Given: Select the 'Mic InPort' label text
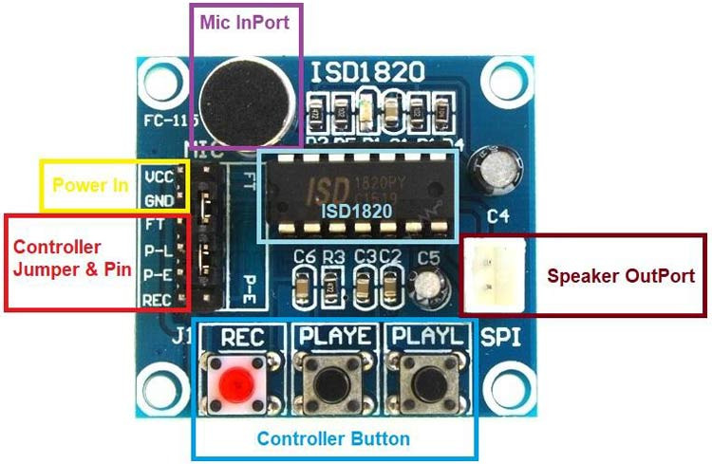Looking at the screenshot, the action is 244,18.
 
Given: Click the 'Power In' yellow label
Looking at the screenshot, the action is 89,185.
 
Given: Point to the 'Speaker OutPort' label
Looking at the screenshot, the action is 621,276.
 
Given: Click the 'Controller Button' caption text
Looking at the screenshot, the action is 333,438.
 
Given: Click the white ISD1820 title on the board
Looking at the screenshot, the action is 366,71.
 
